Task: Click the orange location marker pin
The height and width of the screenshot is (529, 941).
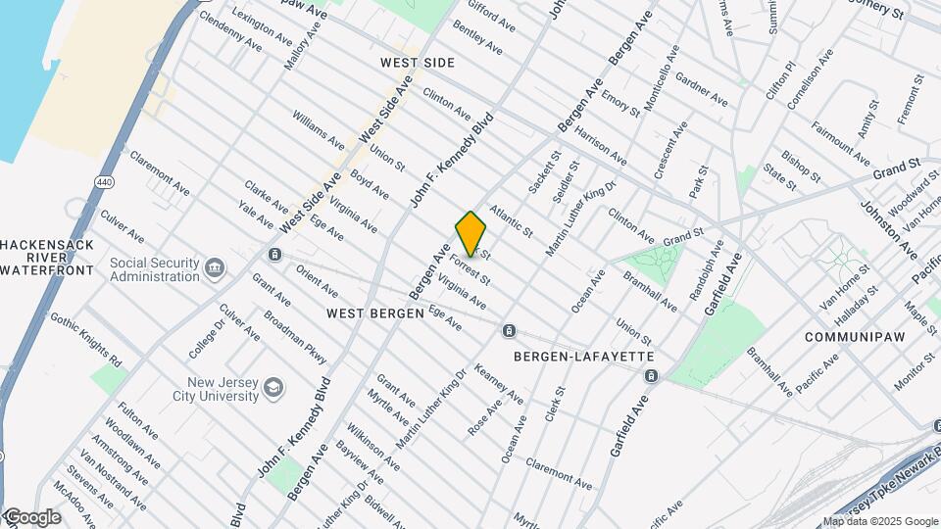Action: tap(470, 233)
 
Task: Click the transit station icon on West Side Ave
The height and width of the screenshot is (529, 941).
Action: tap(275, 255)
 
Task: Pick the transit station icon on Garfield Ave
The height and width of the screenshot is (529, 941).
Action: tap(651, 376)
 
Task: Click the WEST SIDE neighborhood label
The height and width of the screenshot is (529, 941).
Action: tap(418, 63)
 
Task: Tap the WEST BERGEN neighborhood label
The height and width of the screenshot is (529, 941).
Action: tap(375, 313)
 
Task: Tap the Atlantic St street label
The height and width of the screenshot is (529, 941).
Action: tap(511, 221)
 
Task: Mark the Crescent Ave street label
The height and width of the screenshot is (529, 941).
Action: tap(671, 146)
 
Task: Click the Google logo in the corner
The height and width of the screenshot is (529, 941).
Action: tap(32, 516)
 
